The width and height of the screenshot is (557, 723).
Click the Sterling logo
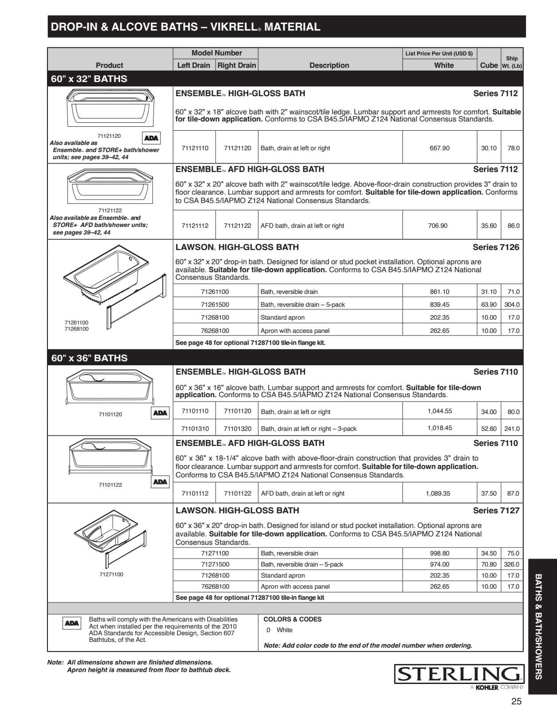coord(459,675)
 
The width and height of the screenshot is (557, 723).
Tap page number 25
coord(516,701)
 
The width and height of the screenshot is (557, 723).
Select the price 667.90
coord(439,148)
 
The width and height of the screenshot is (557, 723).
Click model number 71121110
coord(195,148)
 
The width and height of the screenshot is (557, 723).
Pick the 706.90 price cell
coord(438,226)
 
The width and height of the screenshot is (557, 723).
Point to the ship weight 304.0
coord(512,305)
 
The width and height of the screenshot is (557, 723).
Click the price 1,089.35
coord(438,493)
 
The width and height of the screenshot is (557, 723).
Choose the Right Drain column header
coord(237,65)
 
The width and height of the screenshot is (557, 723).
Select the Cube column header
coord(489,65)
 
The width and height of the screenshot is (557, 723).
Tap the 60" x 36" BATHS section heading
coord(90,358)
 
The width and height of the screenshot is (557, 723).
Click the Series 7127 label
coord(496,510)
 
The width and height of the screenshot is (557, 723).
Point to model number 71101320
coord(237,429)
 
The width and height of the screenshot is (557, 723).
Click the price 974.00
coord(439,564)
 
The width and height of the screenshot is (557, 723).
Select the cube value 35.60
coord(489,226)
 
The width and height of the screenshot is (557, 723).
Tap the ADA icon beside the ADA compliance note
coord(72,623)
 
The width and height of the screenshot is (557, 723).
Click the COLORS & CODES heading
coord(292,619)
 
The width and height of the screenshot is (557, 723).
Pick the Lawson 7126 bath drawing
coord(114,284)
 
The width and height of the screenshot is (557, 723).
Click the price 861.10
coord(439,292)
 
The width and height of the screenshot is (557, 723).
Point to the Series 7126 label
coord(496,247)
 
